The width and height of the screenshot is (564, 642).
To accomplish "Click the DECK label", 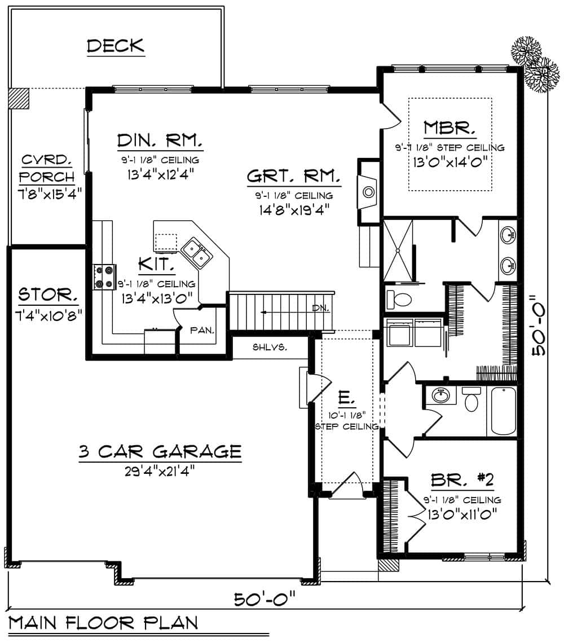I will (x=116, y=46).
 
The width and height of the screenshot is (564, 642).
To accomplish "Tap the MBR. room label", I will (x=450, y=128).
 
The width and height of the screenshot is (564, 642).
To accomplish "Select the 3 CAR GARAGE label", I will (x=160, y=451).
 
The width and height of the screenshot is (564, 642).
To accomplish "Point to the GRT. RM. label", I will (x=293, y=177).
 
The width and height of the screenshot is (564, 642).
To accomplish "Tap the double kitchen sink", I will (x=197, y=253).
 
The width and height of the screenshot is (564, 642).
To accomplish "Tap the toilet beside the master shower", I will (x=399, y=298).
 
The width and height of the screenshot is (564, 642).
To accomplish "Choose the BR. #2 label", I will (x=462, y=481).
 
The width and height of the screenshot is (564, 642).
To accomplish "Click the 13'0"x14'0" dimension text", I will (x=450, y=162).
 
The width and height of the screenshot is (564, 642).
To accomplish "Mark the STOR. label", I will (x=48, y=294).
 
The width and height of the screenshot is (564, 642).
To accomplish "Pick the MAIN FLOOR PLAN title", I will (x=104, y=623).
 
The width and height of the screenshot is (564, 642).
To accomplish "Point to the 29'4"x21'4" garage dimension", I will (x=160, y=470).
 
